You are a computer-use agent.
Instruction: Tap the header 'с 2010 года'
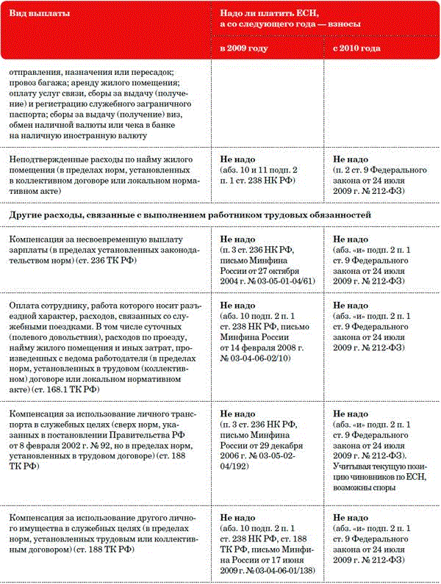(356, 48)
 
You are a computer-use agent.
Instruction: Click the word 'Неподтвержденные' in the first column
(51, 159)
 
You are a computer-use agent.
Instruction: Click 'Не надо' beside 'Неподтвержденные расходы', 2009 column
(238, 159)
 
